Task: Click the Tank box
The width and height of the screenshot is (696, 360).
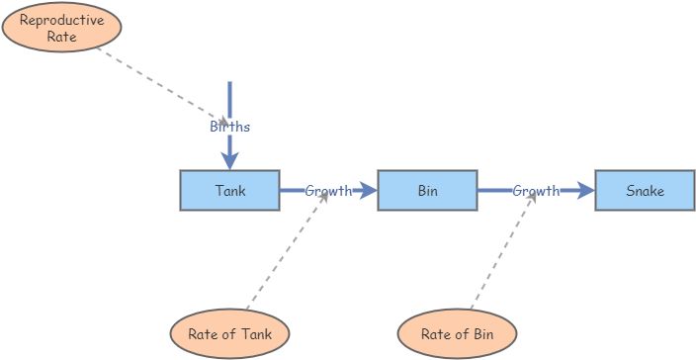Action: [229, 190]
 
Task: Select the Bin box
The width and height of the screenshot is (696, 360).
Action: [427, 190]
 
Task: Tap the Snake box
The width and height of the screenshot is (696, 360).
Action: [645, 190]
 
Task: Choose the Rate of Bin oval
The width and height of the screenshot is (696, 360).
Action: [457, 333]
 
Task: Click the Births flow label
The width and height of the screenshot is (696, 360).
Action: [229, 127]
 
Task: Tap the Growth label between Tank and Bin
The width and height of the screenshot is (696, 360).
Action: [328, 190]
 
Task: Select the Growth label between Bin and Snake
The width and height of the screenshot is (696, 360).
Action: [536, 190]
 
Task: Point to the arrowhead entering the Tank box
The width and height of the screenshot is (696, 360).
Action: [229, 161]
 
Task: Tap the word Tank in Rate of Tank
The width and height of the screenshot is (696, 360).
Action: [252, 333]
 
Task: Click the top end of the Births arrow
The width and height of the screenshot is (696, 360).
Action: [229, 85]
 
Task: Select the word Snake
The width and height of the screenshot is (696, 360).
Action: [645, 190]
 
